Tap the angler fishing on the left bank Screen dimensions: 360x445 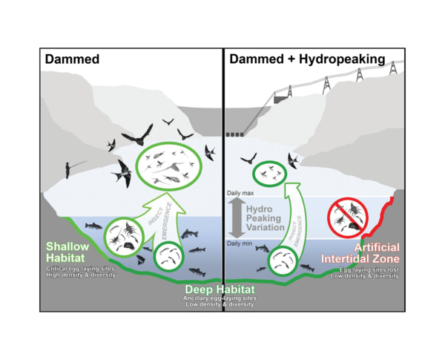pos(69,169)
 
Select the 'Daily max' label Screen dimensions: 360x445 pos(240,193)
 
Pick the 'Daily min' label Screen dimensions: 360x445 pos(240,243)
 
